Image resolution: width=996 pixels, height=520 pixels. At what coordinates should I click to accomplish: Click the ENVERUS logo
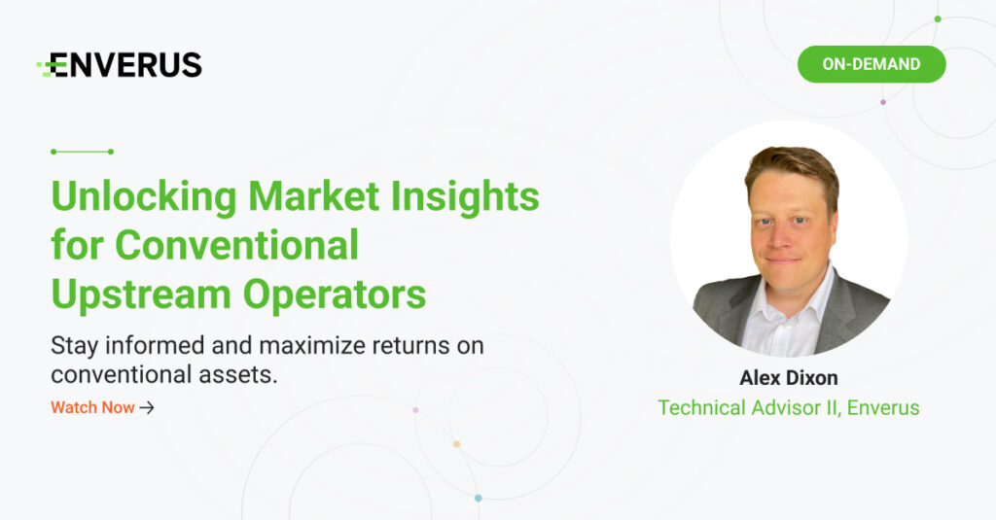pos(120,65)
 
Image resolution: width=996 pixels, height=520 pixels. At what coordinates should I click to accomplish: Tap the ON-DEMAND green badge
pos(871,64)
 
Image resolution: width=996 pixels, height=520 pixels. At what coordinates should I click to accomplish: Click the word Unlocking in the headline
pos(144,197)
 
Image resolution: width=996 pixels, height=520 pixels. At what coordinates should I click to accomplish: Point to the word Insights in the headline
pos(465,197)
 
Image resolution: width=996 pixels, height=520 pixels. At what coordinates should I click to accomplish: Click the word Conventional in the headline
pos(237,245)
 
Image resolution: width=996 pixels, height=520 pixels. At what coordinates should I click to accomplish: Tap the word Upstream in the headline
pos(141,295)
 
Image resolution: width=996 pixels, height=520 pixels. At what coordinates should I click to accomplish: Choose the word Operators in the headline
pos(335,295)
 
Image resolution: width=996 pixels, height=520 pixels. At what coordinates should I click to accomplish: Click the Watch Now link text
pos(92,407)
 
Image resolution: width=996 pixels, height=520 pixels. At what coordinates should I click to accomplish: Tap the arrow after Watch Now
pos(147,407)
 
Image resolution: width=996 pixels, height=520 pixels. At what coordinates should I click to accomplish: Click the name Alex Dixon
pos(788,378)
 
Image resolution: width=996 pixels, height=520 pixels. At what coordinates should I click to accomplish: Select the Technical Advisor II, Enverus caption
pos(788,407)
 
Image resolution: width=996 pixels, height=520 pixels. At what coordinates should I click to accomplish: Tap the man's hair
pos(792,166)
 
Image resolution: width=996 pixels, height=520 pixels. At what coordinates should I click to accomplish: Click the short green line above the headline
pos(82,152)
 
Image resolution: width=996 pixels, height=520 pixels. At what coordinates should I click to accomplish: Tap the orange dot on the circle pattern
pos(456,444)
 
